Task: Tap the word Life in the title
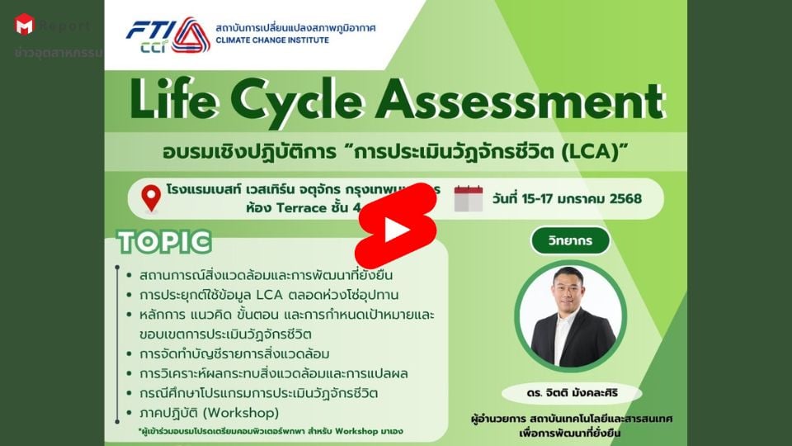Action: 182,103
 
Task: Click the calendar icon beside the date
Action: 468,198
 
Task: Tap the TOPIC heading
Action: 164,242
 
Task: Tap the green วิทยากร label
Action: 569,240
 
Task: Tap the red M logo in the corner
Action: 24,25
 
